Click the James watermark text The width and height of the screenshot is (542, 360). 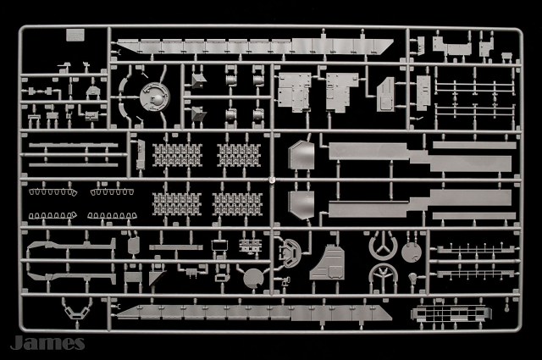pos(47,342)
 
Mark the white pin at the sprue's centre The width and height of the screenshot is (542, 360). pos(271,180)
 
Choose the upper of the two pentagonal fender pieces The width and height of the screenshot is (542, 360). pos(301,159)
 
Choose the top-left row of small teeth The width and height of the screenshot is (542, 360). pos(51,191)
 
